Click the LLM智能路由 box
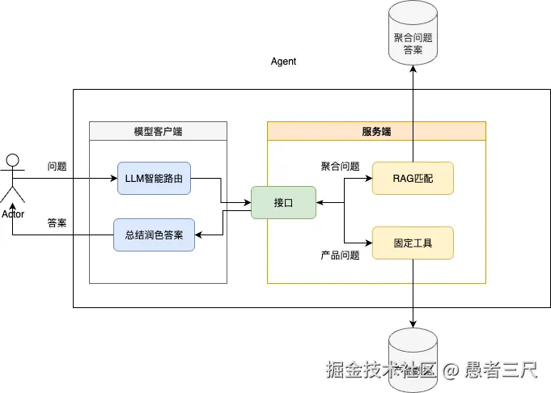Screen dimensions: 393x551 coord(154,178)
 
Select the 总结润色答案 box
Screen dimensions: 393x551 coord(154,235)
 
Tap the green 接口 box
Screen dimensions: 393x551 coord(283,202)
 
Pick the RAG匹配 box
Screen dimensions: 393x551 coord(413,178)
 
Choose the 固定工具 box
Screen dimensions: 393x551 coord(413,243)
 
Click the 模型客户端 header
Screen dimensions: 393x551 coord(158,131)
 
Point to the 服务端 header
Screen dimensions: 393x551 coord(376,131)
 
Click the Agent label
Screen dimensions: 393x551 coord(283,61)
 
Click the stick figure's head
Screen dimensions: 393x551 coord(12,159)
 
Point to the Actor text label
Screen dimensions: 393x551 coord(13,214)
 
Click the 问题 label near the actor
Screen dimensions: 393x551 coord(57,167)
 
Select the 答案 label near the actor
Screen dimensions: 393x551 coord(57,223)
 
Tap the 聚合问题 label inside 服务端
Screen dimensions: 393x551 coord(340,167)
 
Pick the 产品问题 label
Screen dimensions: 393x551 coord(340,256)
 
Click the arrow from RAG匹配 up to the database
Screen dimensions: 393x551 coord(413,113)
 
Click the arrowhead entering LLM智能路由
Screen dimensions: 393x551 coord(113,178)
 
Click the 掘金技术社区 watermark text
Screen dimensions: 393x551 coord(380,370)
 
